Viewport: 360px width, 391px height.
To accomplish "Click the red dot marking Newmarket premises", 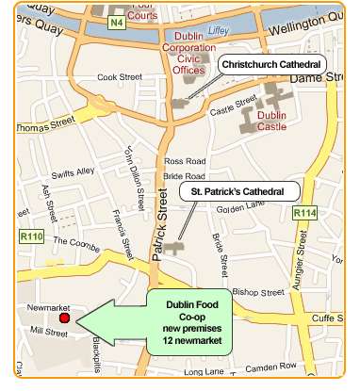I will (x=64, y=318).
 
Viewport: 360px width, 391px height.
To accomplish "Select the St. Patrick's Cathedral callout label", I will (x=238, y=191).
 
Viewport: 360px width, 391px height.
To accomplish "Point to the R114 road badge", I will (x=303, y=214).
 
